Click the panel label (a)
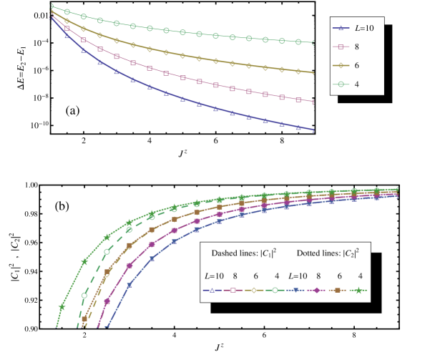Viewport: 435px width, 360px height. tap(73, 111)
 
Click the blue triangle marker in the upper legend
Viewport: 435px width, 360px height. tap(341, 28)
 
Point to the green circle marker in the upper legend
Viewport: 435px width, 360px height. tap(341, 84)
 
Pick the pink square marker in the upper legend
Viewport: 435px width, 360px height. tap(341, 47)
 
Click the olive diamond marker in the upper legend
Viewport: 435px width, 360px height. tap(341, 65)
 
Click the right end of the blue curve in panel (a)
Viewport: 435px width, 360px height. tap(313, 130)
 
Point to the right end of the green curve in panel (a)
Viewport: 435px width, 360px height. tap(313, 42)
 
